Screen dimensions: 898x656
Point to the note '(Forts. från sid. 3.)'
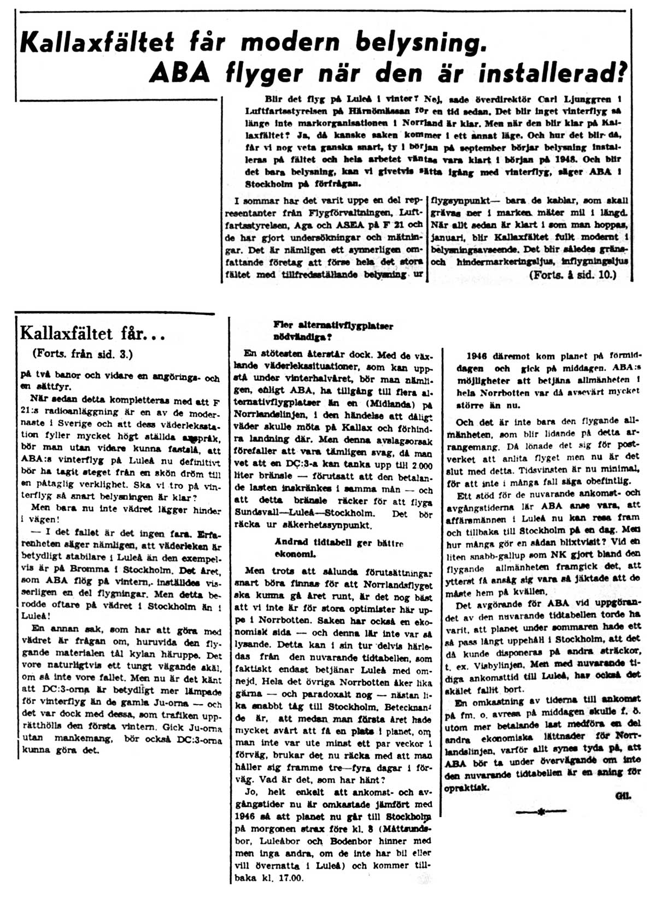pyautogui.click(x=82, y=353)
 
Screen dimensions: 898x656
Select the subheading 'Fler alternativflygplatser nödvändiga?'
pyautogui.click(x=333, y=330)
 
